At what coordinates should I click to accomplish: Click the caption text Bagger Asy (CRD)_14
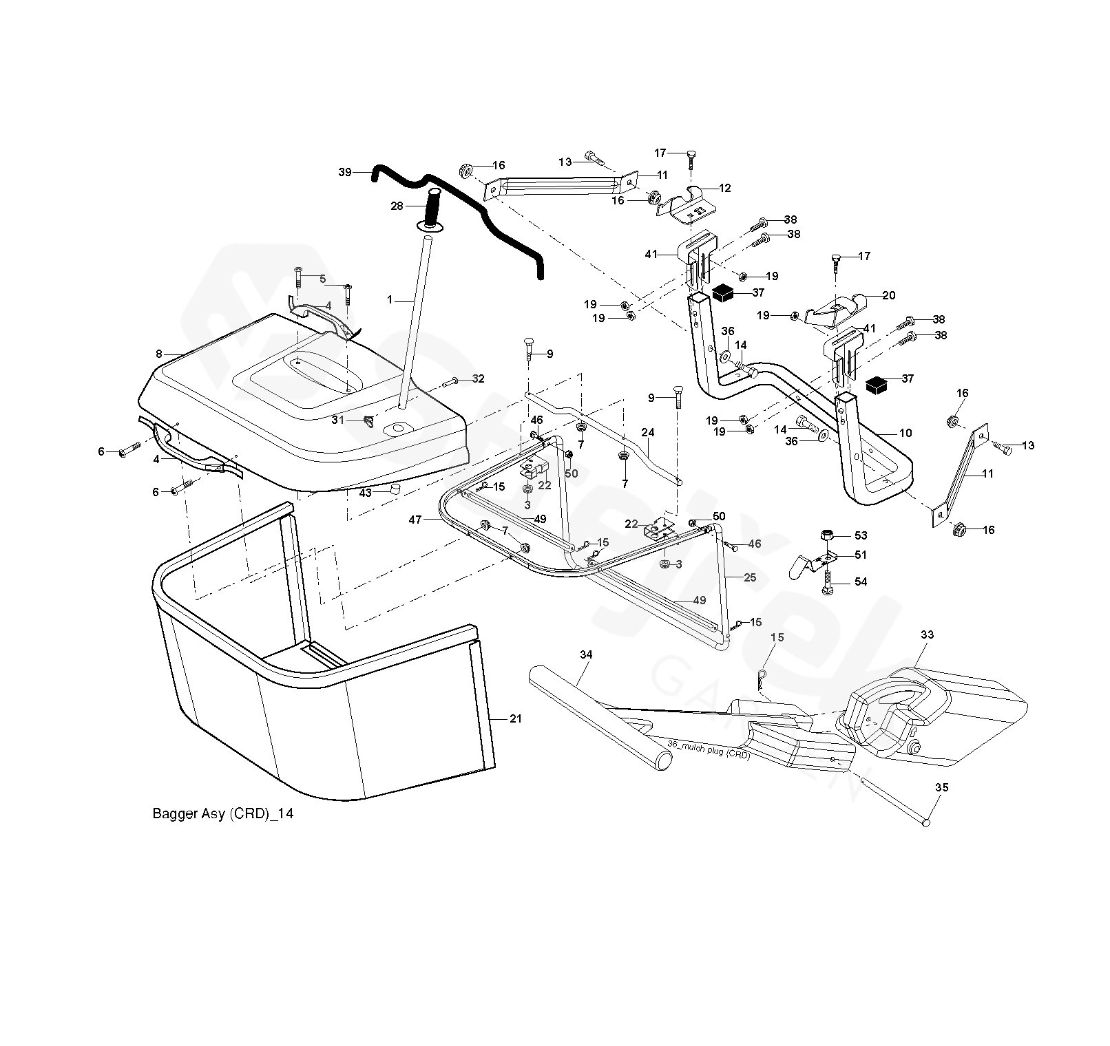222,813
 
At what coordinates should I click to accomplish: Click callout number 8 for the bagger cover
159,354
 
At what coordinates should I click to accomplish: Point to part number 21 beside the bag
516,718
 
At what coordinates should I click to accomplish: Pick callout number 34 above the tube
585,654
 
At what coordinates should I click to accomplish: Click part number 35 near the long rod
941,787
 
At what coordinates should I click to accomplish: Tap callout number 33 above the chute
927,634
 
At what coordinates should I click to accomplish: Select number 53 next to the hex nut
861,535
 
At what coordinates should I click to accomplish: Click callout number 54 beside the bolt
861,581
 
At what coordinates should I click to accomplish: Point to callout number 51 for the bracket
861,555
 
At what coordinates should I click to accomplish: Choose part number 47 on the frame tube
415,520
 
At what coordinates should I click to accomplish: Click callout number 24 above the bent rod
647,432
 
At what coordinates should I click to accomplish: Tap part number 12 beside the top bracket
724,188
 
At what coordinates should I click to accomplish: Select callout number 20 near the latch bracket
888,295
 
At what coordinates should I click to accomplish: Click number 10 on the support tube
905,433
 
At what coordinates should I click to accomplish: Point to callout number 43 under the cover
365,493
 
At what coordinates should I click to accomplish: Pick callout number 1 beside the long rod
390,300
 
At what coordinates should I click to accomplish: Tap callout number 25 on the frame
750,577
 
